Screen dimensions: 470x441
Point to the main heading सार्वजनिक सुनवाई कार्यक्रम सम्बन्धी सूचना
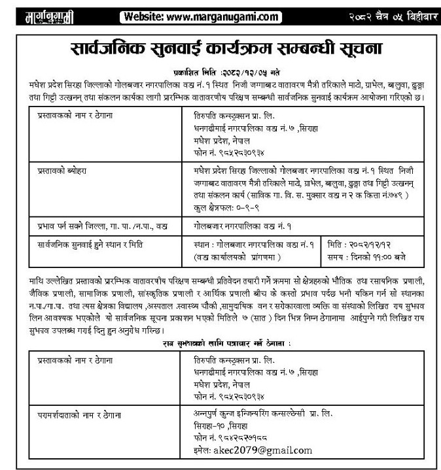[x=220, y=48]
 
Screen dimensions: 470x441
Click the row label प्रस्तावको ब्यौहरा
[x=63, y=169]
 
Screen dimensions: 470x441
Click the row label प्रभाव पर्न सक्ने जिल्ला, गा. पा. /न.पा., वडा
[x=97, y=226]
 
